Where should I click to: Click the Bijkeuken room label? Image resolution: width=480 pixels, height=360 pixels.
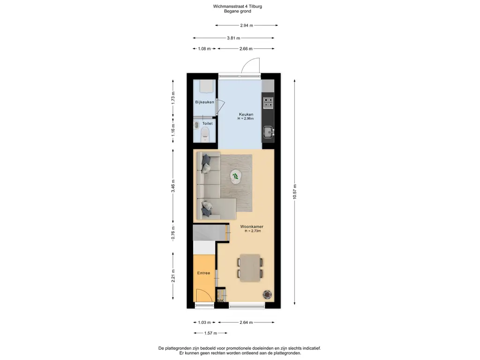tap(204, 102)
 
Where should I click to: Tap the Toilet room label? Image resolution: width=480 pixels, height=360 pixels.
tap(207, 124)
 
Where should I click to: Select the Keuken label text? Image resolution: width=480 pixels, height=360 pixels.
tap(246, 114)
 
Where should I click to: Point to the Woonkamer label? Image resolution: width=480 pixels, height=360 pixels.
tap(252, 227)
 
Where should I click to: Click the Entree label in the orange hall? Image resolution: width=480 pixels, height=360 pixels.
tap(203, 273)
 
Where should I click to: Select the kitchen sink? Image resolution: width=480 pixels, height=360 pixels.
tap(269, 132)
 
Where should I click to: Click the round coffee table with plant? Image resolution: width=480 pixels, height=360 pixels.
tap(235, 177)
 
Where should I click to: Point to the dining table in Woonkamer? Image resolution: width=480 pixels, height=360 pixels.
tap(250, 268)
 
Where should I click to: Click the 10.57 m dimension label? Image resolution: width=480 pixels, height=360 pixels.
tap(295, 192)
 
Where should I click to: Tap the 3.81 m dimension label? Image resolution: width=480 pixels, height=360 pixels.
tap(233, 38)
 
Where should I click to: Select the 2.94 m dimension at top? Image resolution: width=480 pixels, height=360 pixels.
tap(247, 25)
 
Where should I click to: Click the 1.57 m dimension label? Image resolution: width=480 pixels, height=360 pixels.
tap(210, 333)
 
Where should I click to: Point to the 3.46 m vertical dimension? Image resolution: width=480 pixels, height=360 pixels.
tap(173, 186)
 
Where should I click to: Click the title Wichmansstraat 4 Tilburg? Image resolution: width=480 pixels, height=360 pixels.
tap(238, 7)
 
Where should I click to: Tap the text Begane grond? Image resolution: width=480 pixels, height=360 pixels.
tap(238, 11)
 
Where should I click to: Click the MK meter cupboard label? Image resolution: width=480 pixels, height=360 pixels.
tap(221, 301)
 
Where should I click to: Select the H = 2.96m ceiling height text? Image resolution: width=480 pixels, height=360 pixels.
tap(246, 119)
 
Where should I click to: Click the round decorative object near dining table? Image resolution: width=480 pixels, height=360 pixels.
tap(267, 294)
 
